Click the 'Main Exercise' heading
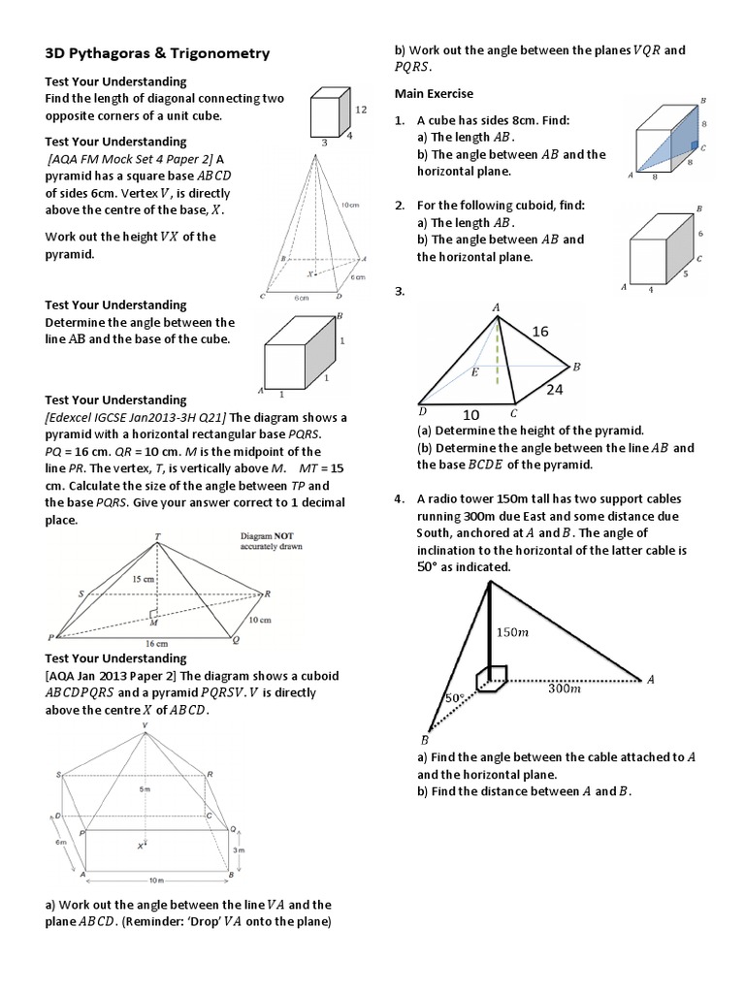point(434,93)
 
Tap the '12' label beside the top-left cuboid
point(361,111)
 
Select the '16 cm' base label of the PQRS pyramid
point(157,644)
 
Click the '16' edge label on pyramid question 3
point(540,332)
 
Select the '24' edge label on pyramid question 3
point(553,391)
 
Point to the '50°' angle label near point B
point(453,698)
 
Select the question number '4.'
point(399,498)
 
